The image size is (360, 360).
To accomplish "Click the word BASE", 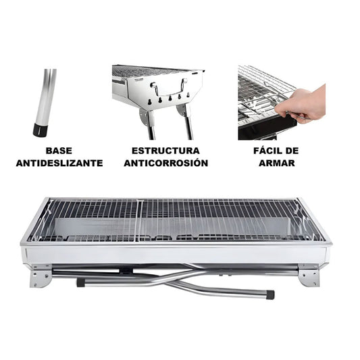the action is [59, 151].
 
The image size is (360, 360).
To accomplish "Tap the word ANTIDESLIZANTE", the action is [59, 163].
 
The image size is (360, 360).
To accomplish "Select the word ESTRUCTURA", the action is [165, 151].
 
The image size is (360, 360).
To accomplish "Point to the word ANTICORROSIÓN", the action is [166, 163].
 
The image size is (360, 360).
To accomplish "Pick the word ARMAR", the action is [277, 163].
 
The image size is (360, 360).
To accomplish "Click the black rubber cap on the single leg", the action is [41, 130].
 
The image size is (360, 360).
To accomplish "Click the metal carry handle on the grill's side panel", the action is [170, 88].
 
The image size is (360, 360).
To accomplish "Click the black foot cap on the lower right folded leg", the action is [270, 294].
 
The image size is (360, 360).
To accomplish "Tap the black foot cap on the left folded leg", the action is [80, 282].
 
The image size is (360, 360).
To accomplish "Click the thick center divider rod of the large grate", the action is [139, 220].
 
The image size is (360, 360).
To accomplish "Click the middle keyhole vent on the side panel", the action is [170, 98].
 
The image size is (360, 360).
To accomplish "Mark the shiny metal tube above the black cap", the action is [47, 96].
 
